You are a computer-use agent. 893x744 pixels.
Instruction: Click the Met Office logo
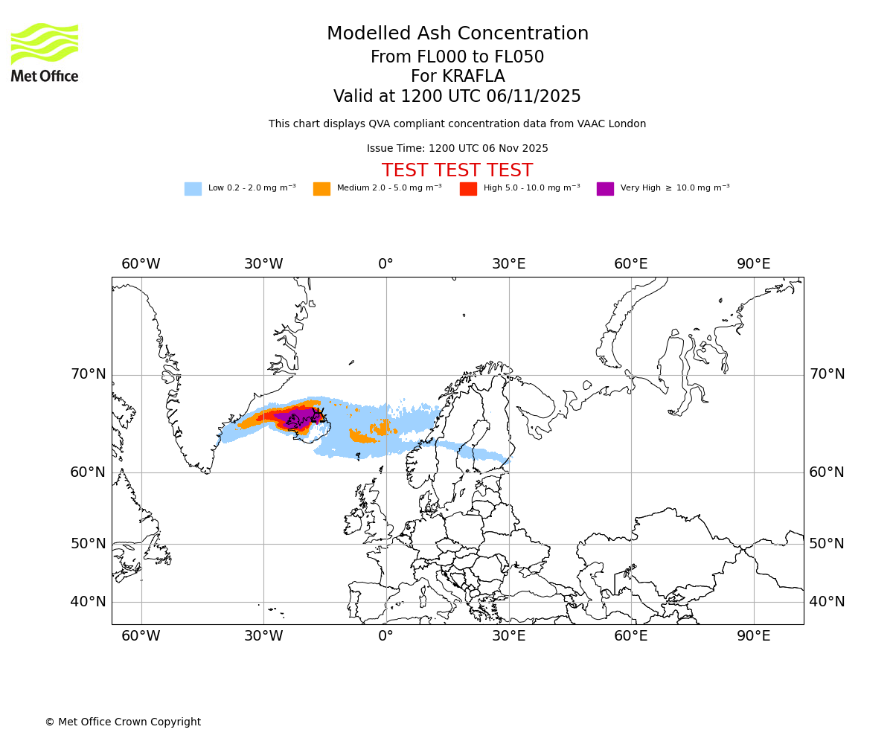coord(45,52)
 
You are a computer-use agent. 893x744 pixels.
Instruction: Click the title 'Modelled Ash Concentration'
coord(458,34)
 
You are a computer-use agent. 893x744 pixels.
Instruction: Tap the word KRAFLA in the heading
coord(458,77)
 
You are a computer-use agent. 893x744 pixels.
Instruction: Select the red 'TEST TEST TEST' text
coord(458,171)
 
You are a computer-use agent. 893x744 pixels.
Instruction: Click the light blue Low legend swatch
coord(193,189)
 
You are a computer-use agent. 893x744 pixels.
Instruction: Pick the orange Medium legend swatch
coord(321,189)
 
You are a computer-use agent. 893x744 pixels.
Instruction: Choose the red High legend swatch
coord(468,189)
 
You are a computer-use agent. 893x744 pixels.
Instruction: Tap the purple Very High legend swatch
coord(605,189)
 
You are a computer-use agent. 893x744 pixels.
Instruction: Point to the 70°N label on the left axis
coord(89,374)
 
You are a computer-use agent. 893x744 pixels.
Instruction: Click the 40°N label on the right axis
coord(827,602)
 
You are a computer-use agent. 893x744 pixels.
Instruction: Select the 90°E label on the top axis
coord(753,264)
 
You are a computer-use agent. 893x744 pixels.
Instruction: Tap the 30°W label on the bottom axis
coord(263,637)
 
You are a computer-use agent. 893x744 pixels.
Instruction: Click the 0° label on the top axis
coord(385,264)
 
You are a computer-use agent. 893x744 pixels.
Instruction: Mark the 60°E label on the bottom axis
coord(631,637)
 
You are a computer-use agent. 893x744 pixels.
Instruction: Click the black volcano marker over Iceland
coord(319,414)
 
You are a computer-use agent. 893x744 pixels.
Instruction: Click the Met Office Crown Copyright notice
coord(123,722)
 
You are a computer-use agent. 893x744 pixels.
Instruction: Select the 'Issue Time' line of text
coord(458,149)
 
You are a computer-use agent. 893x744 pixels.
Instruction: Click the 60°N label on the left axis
coord(89,472)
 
